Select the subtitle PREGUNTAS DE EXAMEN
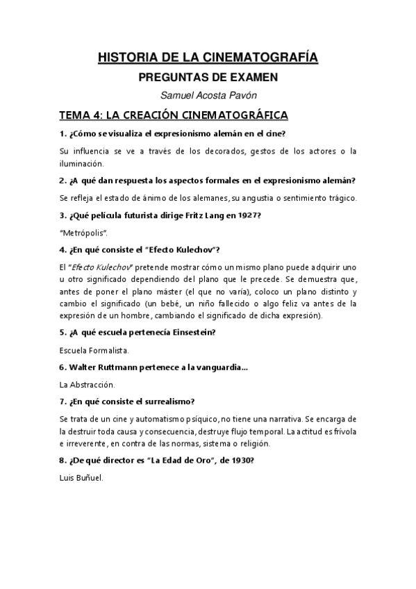coord(208,78)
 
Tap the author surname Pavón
coord(243,96)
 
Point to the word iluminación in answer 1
coord(82,163)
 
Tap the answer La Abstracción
coord(88,383)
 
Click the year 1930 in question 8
coord(247,461)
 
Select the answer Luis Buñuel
coord(81,478)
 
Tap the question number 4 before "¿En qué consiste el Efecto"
coord(62,249)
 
